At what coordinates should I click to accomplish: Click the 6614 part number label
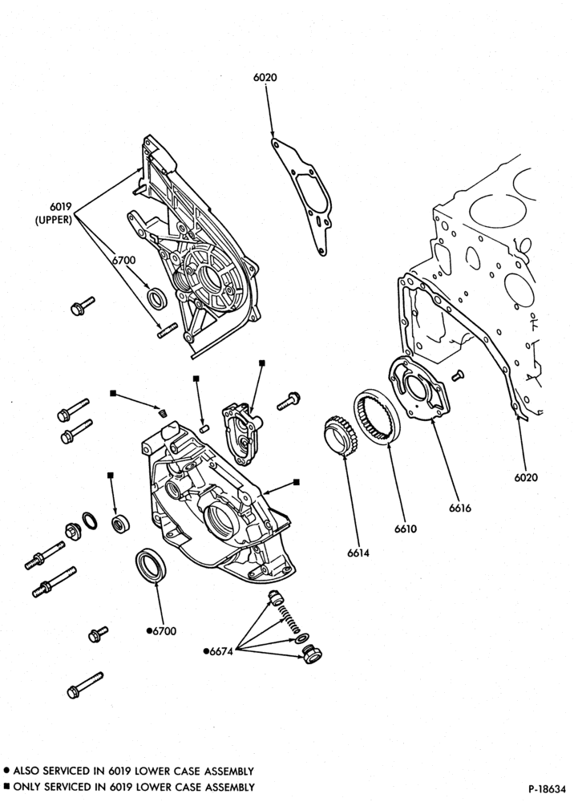(358, 553)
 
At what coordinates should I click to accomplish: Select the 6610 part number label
(406, 529)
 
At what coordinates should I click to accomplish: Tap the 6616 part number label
(460, 508)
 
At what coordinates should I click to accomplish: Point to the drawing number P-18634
(548, 788)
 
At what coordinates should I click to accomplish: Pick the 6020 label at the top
(265, 77)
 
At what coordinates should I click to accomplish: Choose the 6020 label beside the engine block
(526, 477)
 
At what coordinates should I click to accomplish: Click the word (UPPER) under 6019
(53, 221)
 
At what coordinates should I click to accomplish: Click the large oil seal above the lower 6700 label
(152, 565)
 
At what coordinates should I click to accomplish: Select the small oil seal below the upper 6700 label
(156, 298)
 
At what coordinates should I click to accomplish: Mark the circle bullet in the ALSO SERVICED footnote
(6, 770)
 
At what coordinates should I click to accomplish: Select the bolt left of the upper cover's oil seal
(83, 306)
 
